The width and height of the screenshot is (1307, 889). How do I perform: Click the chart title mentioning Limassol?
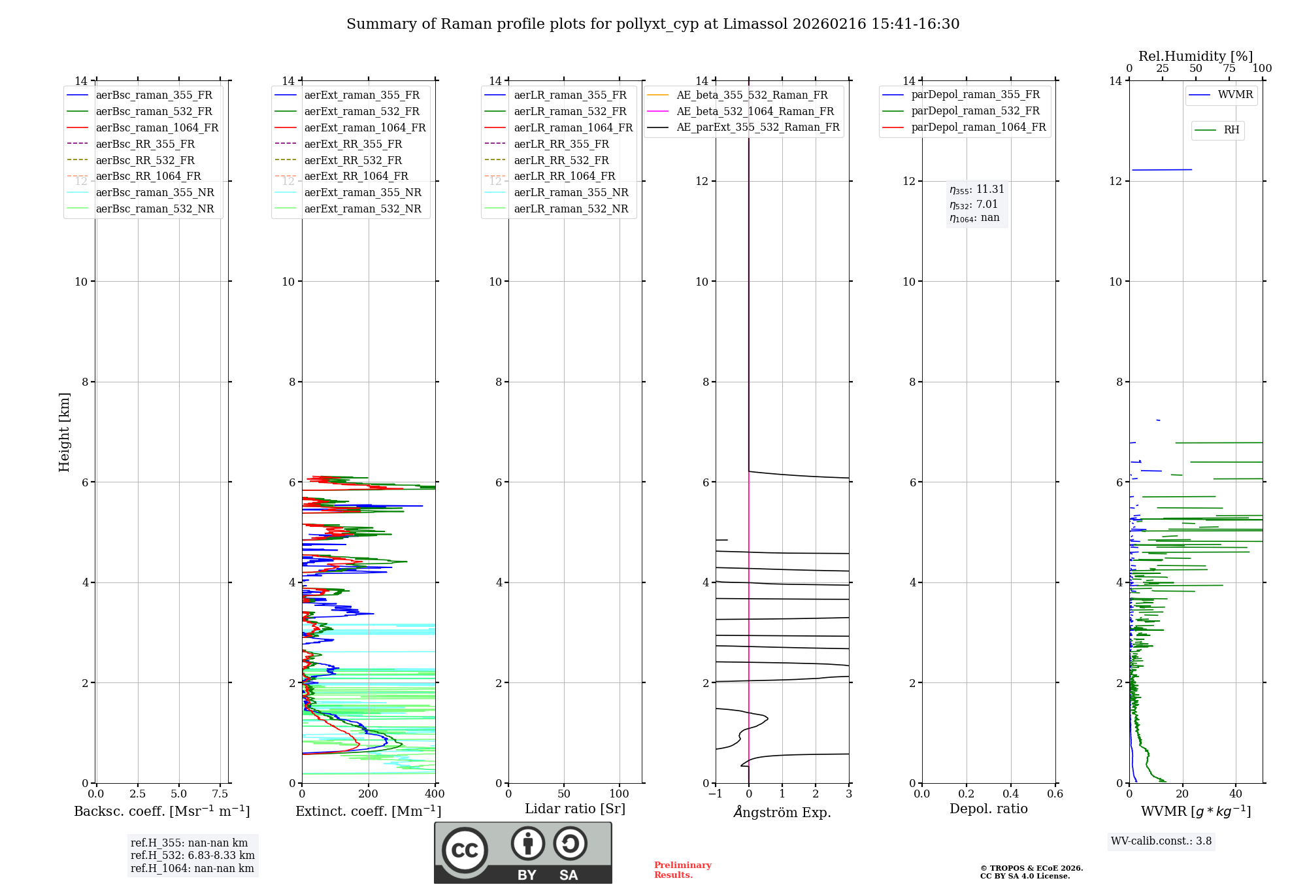click(653, 24)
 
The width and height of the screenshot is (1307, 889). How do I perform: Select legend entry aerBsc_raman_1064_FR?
click(157, 127)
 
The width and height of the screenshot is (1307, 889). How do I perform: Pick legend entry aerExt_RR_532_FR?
click(353, 160)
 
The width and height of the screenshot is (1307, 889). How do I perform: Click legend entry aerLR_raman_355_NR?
click(571, 192)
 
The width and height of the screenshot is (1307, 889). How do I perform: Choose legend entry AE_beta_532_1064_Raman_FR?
click(755, 111)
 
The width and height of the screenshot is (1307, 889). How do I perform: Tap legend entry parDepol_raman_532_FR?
click(975, 111)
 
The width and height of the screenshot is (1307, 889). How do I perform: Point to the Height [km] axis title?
click(64, 431)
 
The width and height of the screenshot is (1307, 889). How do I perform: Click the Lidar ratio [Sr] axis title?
click(575, 809)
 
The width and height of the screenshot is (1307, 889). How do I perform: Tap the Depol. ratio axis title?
click(988, 809)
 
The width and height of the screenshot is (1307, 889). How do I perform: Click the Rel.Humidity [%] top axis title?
click(1195, 56)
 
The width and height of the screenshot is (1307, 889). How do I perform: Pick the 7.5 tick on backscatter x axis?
click(220, 794)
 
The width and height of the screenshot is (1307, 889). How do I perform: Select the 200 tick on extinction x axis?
click(369, 794)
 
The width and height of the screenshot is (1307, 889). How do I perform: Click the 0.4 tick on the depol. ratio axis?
click(1011, 794)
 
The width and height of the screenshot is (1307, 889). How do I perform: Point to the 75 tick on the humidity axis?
click(1229, 69)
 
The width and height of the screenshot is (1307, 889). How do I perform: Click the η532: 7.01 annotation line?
click(974, 205)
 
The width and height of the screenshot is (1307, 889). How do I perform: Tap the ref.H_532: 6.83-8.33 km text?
click(193, 855)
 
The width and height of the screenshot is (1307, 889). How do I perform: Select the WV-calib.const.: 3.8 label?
click(1161, 841)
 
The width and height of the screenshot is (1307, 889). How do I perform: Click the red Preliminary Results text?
click(682, 869)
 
